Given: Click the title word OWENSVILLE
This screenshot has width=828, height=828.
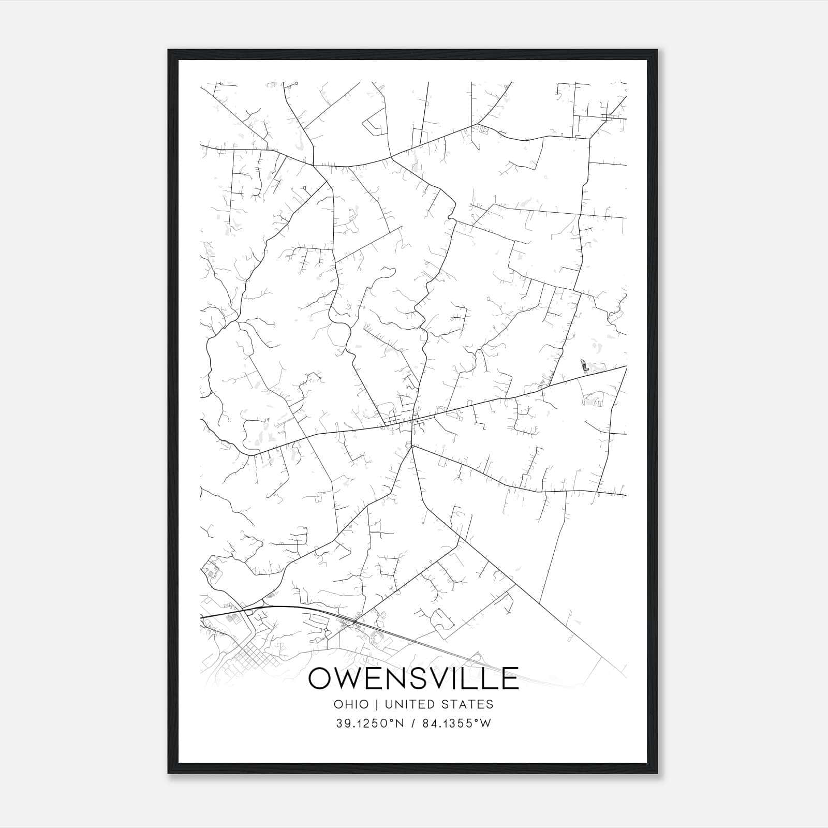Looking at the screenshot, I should click(413, 678).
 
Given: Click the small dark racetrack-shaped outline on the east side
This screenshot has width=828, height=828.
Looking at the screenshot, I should click(584, 366).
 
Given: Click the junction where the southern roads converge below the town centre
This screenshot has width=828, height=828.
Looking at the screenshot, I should click(412, 447).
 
